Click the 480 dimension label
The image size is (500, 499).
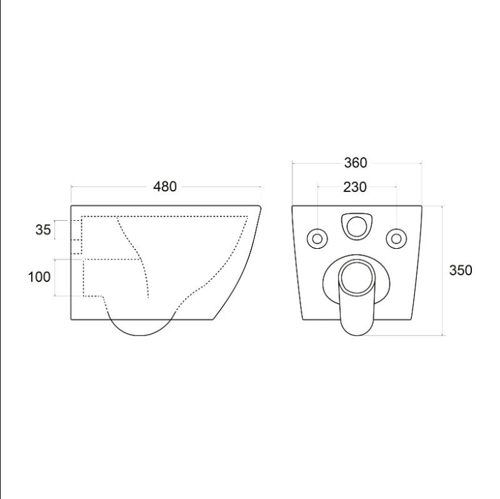164,186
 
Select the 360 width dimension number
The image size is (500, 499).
356,163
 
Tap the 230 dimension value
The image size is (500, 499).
355,188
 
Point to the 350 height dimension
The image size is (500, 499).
461,270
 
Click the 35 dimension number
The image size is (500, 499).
43,229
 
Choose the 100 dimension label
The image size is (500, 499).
39,277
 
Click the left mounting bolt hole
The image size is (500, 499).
317,239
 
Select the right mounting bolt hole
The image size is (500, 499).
396,239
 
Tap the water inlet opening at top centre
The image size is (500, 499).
357,226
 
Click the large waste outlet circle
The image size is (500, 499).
357,276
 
